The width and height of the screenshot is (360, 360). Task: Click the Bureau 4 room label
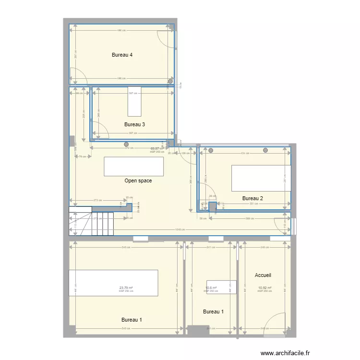(122, 55)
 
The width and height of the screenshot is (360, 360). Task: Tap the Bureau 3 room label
(134, 124)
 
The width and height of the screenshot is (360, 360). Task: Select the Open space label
(138, 181)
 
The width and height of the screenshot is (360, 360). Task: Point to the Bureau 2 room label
(252, 198)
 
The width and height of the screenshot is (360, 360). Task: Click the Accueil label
(263, 275)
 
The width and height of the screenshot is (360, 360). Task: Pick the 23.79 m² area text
(126, 288)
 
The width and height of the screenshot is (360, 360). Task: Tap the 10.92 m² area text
(264, 288)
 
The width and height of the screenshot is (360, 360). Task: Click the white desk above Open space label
(133, 167)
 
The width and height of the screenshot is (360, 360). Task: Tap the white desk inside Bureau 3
(134, 102)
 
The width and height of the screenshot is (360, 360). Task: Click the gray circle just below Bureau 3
(127, 144)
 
